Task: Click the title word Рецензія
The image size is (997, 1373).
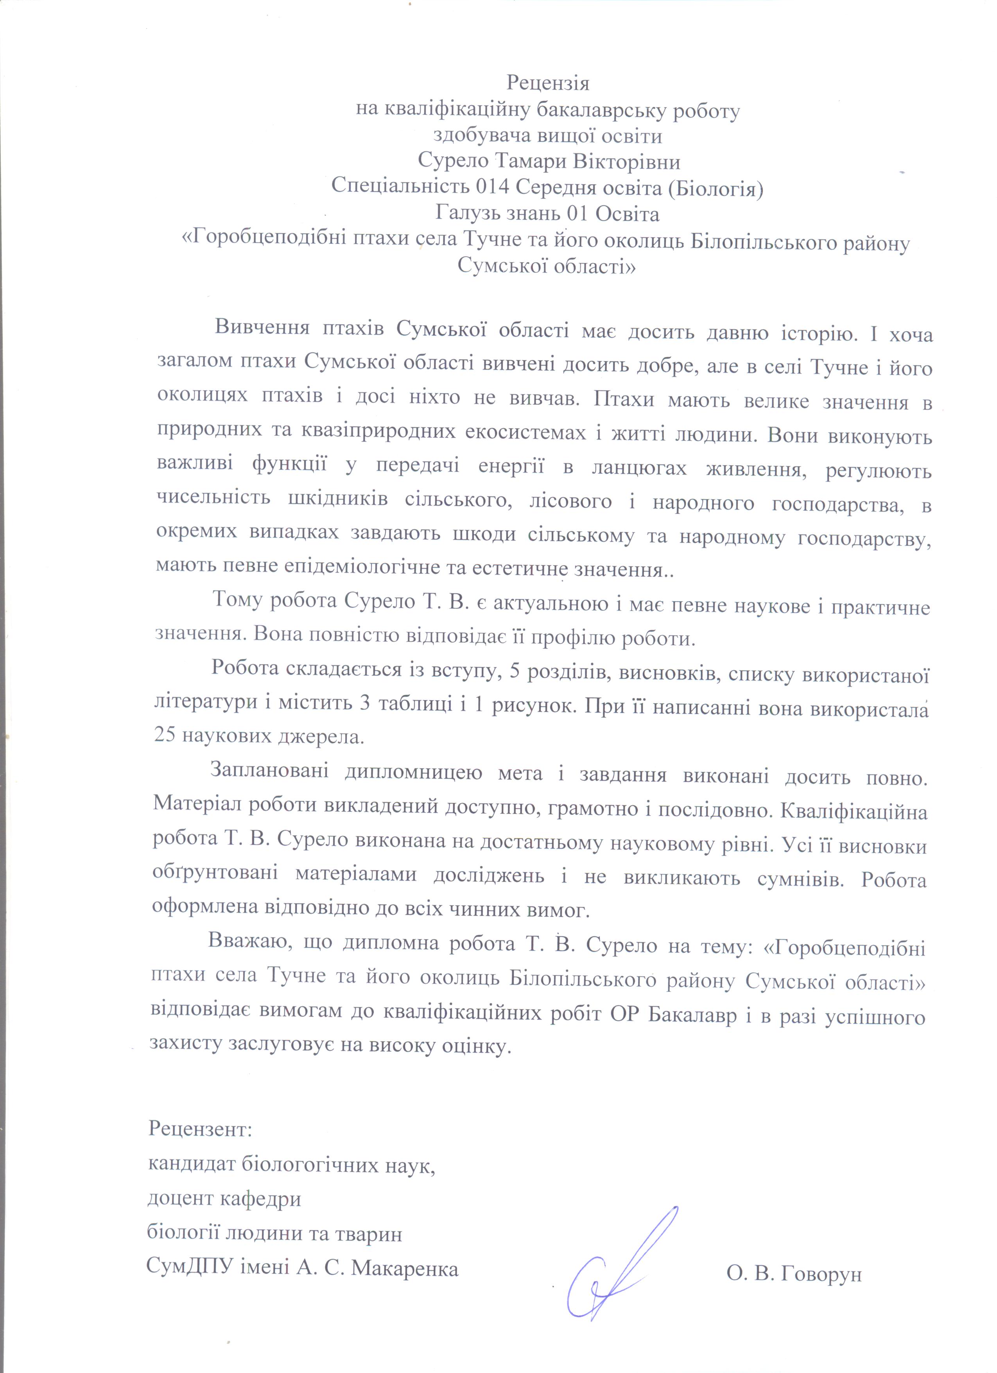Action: (x=548, y=82)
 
